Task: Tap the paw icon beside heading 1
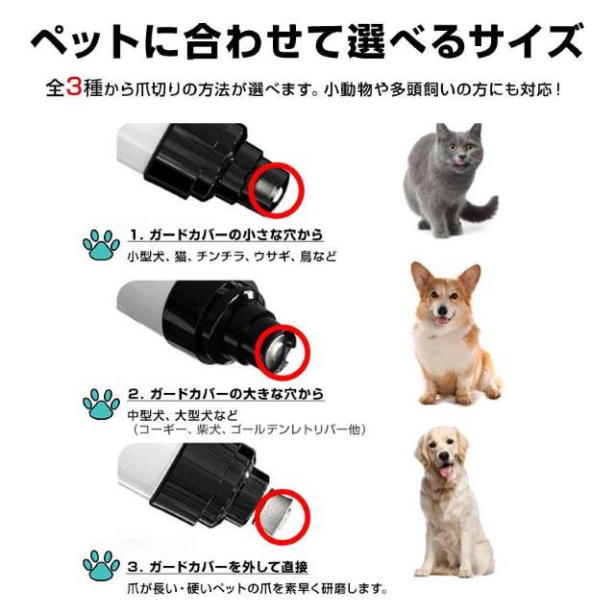101,245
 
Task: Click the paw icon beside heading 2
101,405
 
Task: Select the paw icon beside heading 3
101,567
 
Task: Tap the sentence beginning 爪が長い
258,588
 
